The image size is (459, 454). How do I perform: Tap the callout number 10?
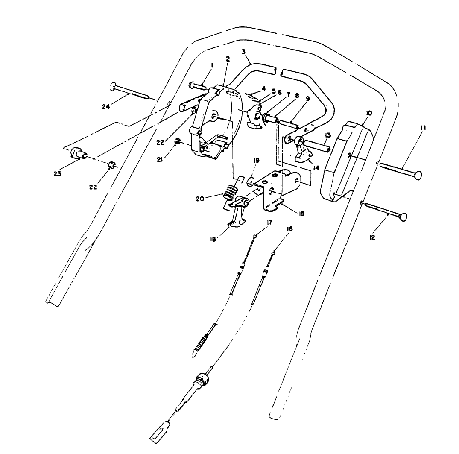click(x=369, y=113)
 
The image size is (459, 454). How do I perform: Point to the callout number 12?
click(x=372, y=238)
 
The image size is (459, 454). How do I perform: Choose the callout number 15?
click(x=301, y=213)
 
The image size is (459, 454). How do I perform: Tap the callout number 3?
click(x=243, y=52)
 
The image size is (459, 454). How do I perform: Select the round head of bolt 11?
click(x=417, y=175)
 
